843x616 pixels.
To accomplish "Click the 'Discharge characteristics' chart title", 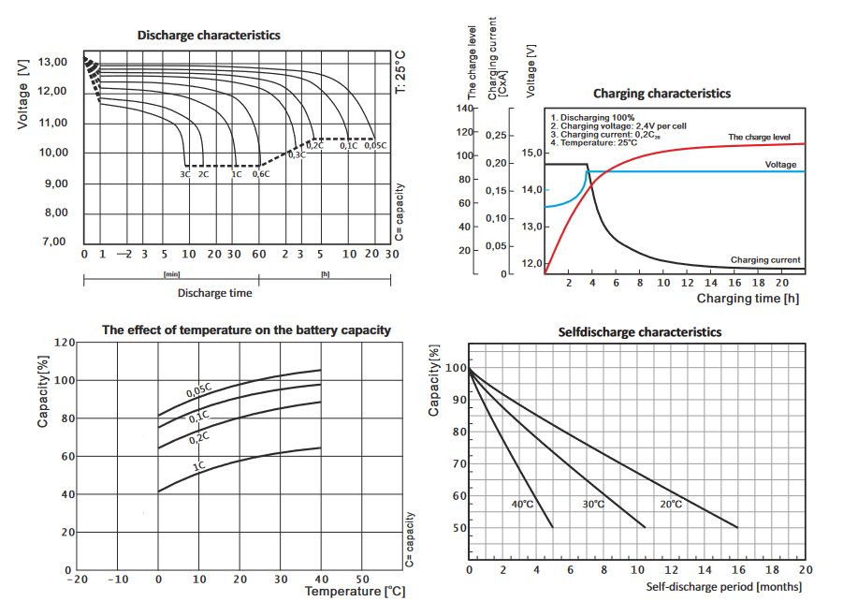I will [x=209, y=35].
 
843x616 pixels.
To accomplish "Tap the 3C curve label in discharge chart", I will [x=185, y=174].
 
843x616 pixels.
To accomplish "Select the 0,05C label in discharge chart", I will [x=374, y=145].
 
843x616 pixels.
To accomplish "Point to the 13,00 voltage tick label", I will [x=52, y=63].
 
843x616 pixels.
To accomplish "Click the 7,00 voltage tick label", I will [x=52, y=242].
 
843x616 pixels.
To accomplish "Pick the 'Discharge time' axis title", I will [x=214, y=293].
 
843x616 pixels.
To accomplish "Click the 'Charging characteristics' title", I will [x=661, y=94].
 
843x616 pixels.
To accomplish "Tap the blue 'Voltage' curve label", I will [x=780, y=165].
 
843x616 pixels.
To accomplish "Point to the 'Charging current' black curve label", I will [x=764, y=259].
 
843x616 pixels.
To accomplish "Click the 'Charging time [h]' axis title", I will [x=748, y=299].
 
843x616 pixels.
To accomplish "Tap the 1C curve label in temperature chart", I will [x=199, y=466].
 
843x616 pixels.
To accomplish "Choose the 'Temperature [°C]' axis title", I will [x=356, y=592].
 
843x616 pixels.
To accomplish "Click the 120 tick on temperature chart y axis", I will [x=63, y=343].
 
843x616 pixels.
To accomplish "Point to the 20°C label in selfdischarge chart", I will [x=671, y=505].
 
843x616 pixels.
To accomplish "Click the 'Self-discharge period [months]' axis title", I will [x=724, y=587].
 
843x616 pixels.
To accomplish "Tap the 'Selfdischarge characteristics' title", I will [x=640, y=332].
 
